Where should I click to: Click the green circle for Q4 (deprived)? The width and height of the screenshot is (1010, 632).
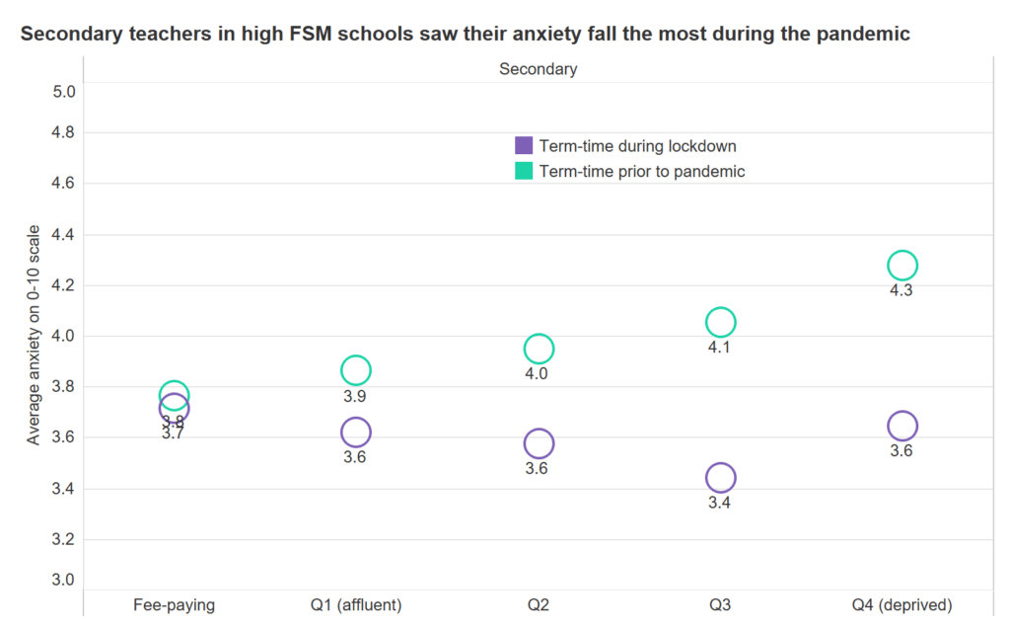tap(902, 265)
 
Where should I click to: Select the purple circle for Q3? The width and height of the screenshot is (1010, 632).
tap(720, 478)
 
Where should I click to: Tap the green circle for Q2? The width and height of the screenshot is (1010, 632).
tap(539, 349)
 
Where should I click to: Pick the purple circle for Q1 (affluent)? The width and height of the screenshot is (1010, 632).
tap(355, 432)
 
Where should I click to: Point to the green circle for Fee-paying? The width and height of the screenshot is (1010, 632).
tap(174, 394)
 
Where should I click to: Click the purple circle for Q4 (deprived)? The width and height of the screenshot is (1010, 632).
tap(902, 426)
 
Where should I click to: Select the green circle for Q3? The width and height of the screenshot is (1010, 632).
tap(720, 322)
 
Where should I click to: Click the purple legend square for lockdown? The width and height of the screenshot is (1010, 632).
tap(524, 145)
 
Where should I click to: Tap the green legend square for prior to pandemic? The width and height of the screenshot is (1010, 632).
tap(524, 171)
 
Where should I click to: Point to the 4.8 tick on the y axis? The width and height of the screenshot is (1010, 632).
tap(64, 132)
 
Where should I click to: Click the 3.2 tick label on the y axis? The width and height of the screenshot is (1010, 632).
tap(64, 539)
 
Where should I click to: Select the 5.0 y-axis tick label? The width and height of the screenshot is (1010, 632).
tap(64, 92)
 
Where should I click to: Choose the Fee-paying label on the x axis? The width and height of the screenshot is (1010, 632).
tap(174, 604)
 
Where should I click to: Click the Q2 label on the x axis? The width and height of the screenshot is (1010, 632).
tap(539, 604)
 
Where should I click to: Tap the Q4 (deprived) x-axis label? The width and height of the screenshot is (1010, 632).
tap(902, 604)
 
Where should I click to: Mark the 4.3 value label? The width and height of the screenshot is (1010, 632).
tap(902, 291)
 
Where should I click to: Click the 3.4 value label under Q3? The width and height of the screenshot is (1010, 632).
tap(720, 504)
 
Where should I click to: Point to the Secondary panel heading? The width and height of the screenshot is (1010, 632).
tap(538, 69)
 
